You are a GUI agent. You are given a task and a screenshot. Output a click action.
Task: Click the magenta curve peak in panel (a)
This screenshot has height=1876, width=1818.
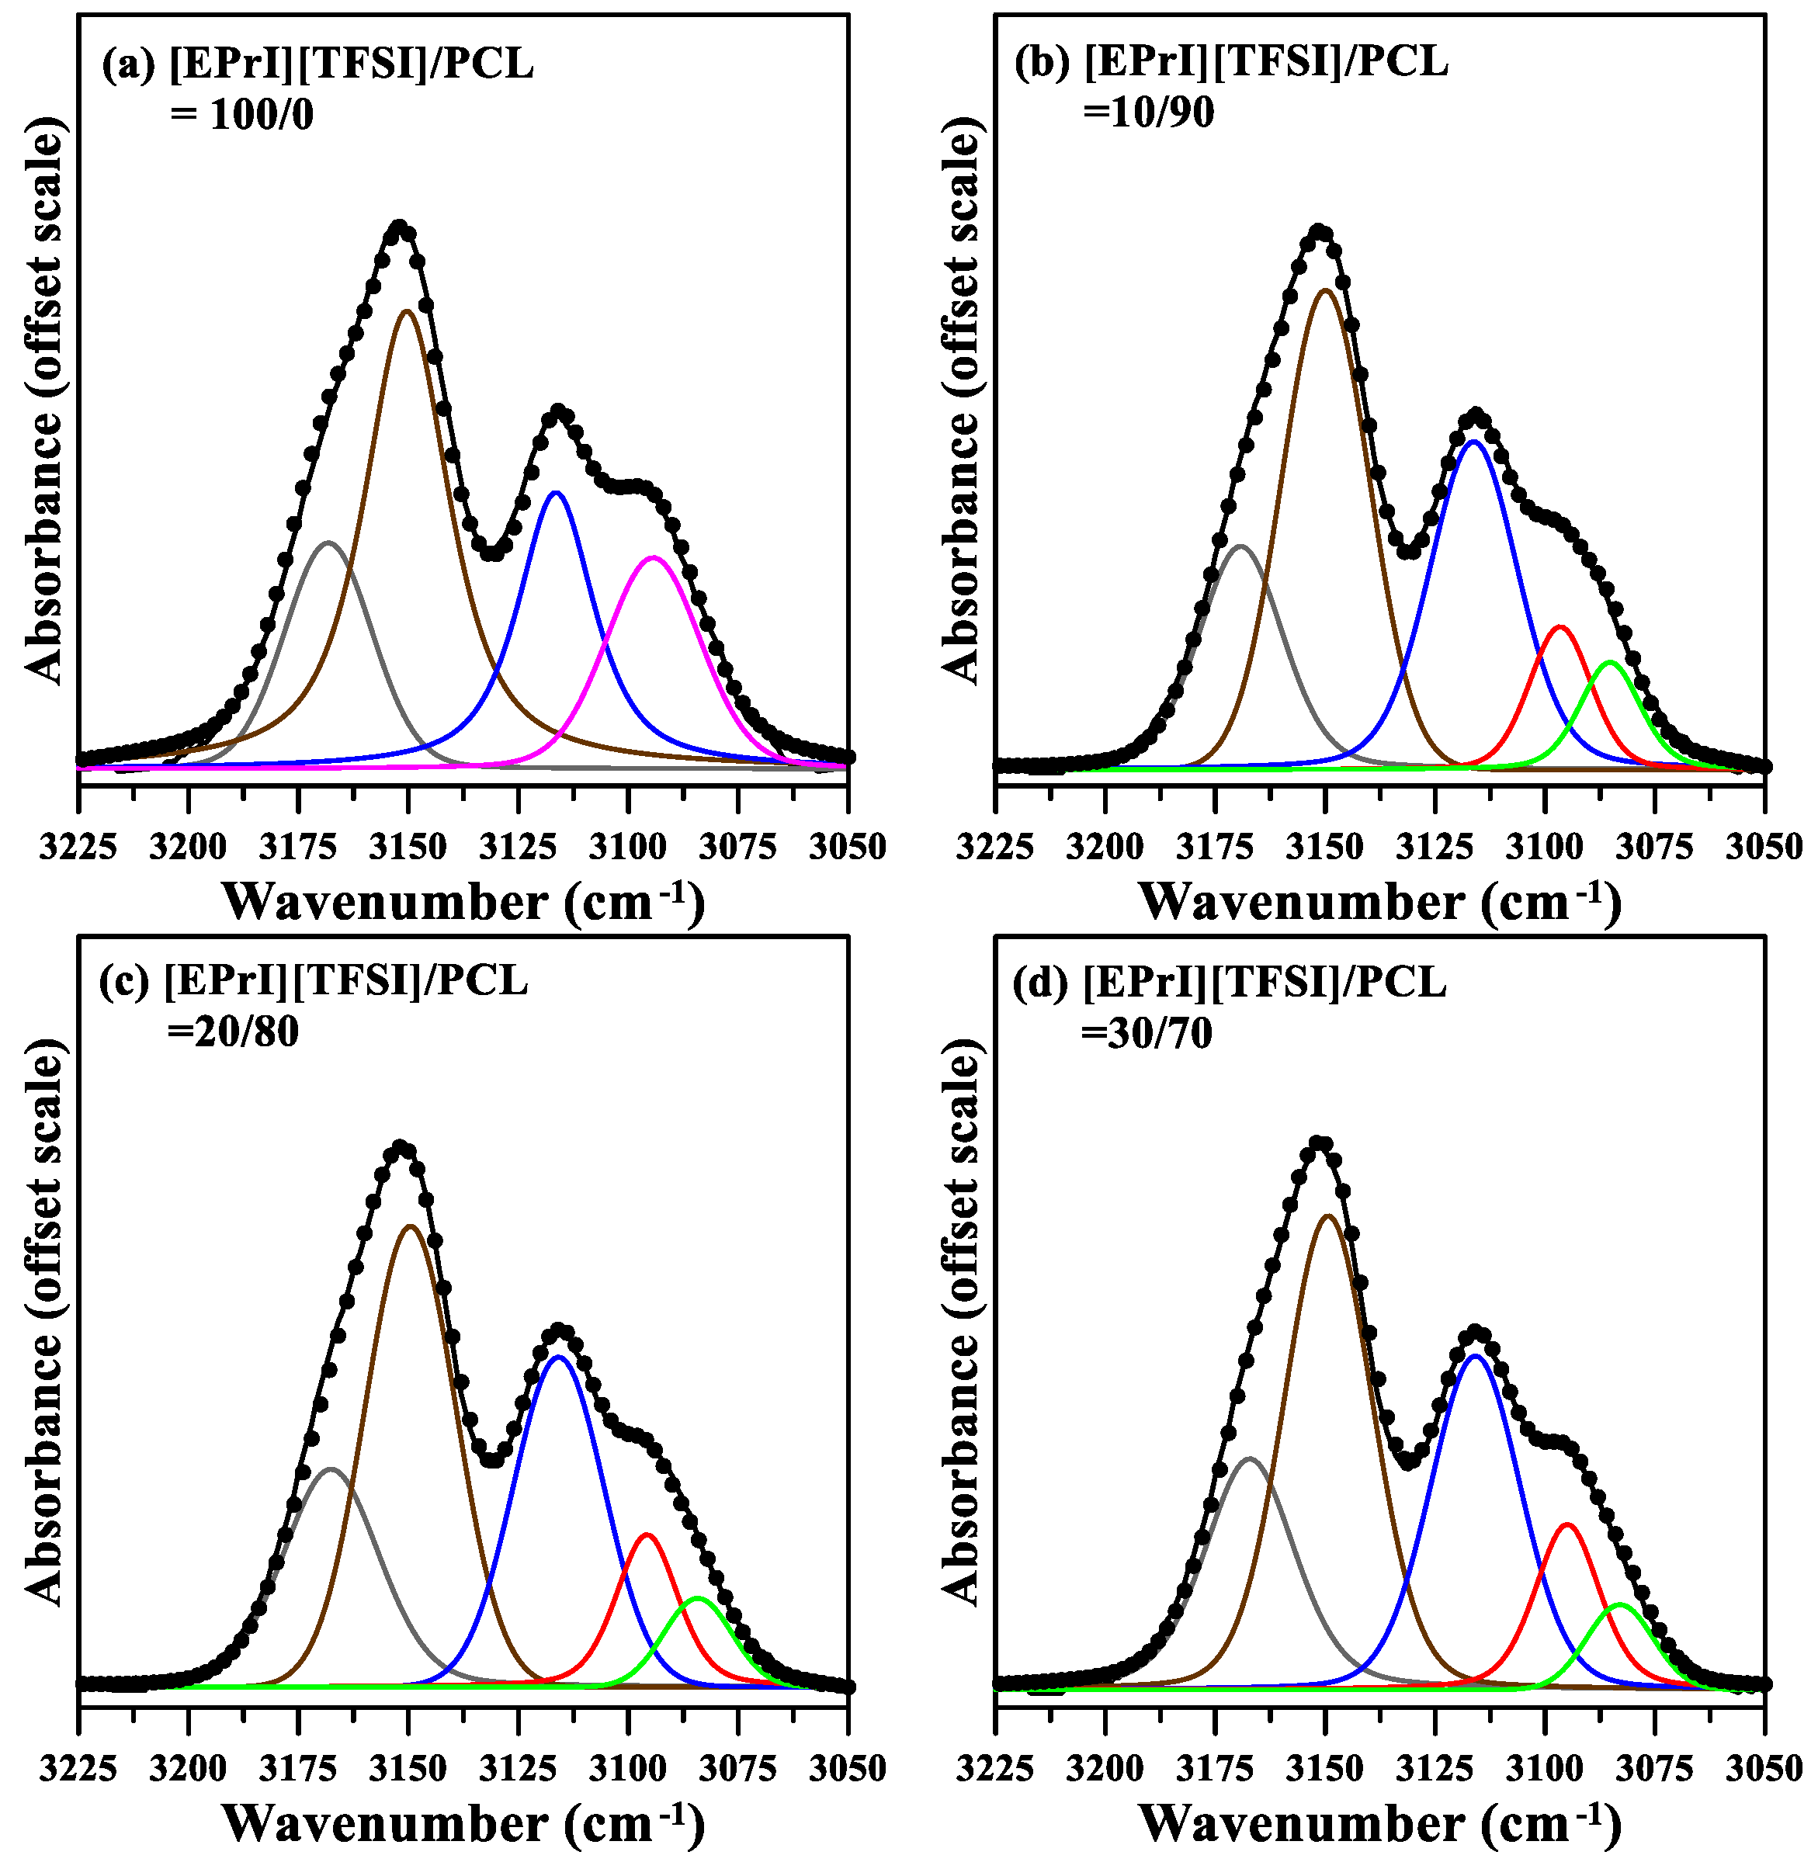(x=653, y=557)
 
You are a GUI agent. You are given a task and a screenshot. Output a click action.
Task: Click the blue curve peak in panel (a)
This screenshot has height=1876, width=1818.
(x=555, y=493)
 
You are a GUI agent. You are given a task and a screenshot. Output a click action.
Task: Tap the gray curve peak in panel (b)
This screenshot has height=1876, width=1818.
(x=1240, y=546)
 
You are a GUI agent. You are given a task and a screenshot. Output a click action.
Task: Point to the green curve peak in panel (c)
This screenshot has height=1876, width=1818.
(x=697, y=1598)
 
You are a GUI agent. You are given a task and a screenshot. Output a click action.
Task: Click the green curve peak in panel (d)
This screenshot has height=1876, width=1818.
(x=1620, y=1604)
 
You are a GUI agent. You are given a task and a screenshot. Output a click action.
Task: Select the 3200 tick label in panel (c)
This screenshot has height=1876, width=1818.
(x=189, y=1769)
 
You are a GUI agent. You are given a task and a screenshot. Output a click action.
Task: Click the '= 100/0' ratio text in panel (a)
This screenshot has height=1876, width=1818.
(x=242, y=115)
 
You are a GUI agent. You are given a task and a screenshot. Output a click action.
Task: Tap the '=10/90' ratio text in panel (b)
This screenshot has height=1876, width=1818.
(x=1149, y=113)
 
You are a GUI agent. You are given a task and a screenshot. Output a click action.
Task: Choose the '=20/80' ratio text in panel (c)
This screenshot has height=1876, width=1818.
(x=233, y=1032)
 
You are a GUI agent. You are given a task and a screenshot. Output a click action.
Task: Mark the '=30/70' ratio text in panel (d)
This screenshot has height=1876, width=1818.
(x=1147, y=1034)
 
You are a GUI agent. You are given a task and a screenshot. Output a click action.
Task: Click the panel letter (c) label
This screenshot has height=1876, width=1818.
(x=124, y=982)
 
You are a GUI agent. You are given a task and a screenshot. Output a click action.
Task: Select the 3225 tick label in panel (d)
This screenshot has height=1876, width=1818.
(x=996, y=1769)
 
